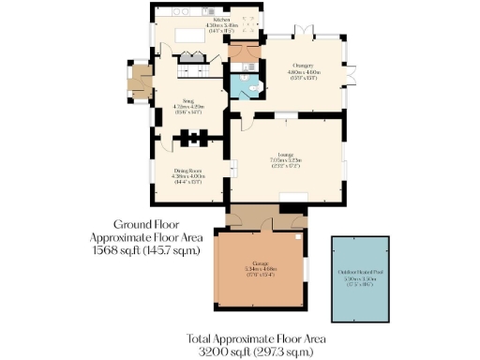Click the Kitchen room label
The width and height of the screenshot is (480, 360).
coord(221,18)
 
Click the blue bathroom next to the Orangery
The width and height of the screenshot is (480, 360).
coord(247,86)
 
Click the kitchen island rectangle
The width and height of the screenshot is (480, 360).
coord(191,37)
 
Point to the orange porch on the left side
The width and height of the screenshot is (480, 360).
coord(141,82)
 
